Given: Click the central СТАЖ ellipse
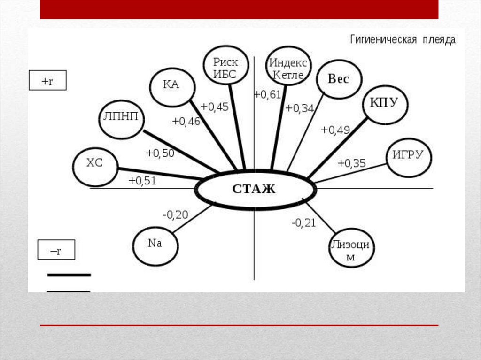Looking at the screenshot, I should coord(255,189).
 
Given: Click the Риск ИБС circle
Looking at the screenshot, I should coord(226,65).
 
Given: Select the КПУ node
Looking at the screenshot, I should coord(384,103).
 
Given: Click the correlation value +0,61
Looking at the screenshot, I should coord(267,95).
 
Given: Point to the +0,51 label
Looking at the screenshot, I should coord(142,181).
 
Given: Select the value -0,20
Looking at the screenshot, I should coord(175,215).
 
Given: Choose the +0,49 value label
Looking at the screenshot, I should coord(335,130).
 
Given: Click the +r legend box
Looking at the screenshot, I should coord(47,80).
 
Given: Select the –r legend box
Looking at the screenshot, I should coord(56,250).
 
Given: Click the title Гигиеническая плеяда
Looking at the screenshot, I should coord(403,40).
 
